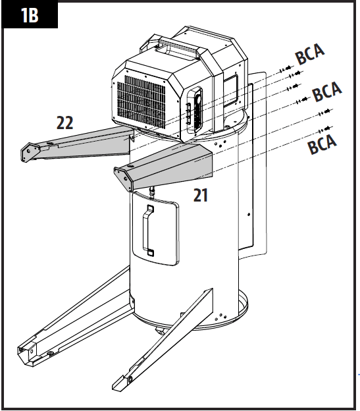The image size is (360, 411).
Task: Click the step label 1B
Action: (30, 15)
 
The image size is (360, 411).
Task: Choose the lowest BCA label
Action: (322, 143)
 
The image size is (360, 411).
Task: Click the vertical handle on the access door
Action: (149, 230)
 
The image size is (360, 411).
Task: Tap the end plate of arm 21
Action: (122, 177)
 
